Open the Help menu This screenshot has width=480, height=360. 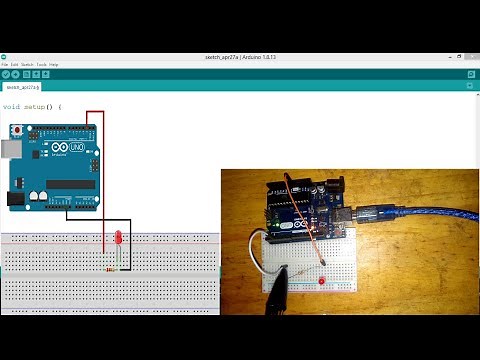(x=54, y=64)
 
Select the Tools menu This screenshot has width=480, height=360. (x=41, y=64)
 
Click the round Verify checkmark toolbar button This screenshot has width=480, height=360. (x=5, y=74)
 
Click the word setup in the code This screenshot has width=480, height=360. (x=37, y=106)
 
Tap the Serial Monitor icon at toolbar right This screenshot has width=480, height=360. (x=471, y=74)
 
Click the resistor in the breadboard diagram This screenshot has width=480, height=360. (x=107, y=267)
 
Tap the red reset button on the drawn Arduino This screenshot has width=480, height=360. (x=20, y=130)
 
